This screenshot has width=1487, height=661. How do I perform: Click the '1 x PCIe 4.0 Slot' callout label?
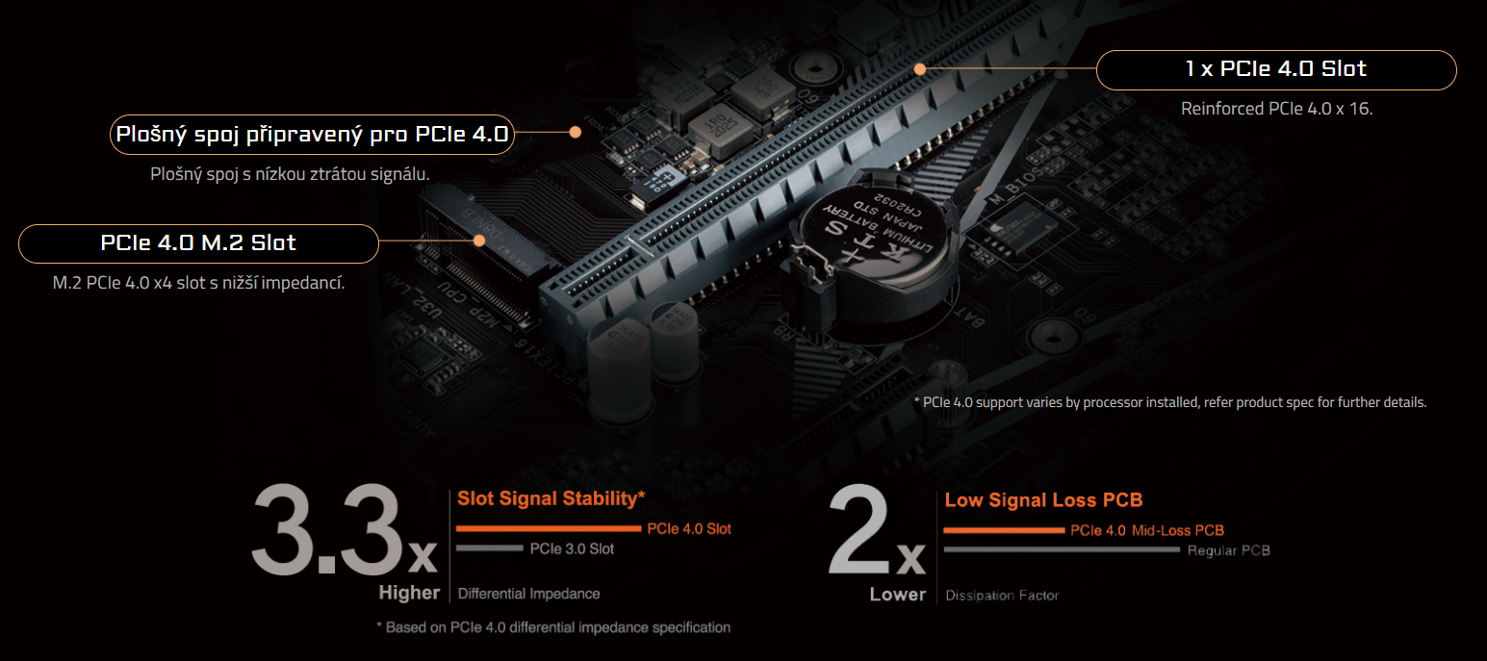(1275, 69)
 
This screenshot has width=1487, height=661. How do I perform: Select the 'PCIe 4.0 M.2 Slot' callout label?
(198, 243)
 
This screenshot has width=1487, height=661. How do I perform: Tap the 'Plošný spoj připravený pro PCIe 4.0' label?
(311, 135)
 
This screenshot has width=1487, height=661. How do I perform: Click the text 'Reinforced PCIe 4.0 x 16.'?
(1276, 109)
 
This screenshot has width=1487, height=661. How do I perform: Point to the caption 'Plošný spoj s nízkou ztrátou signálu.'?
(290, 174)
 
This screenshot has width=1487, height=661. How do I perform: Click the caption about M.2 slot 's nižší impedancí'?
(198, 283)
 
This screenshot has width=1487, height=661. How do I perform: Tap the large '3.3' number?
(327, 532)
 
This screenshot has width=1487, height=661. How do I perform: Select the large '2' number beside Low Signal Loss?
(859, 532)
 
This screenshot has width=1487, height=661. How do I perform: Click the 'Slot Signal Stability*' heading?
(551, 498)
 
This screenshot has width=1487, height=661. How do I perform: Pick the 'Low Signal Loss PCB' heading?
(1043, 500)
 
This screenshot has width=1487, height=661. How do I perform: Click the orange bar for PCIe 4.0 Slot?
(548, 528)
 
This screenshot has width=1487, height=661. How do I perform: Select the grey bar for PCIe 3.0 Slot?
(489, 548)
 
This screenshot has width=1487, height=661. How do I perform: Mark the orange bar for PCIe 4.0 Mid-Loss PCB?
(1004, 530)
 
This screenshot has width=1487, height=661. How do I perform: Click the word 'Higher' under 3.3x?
(409, 594)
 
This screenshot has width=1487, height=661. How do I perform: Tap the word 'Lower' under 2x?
(897, 595)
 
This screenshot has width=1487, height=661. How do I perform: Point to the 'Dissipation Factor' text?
(1002, 596)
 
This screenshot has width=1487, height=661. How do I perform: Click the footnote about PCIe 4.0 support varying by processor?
(1169, 402)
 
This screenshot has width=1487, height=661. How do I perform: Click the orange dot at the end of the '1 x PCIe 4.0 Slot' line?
(920, 69)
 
